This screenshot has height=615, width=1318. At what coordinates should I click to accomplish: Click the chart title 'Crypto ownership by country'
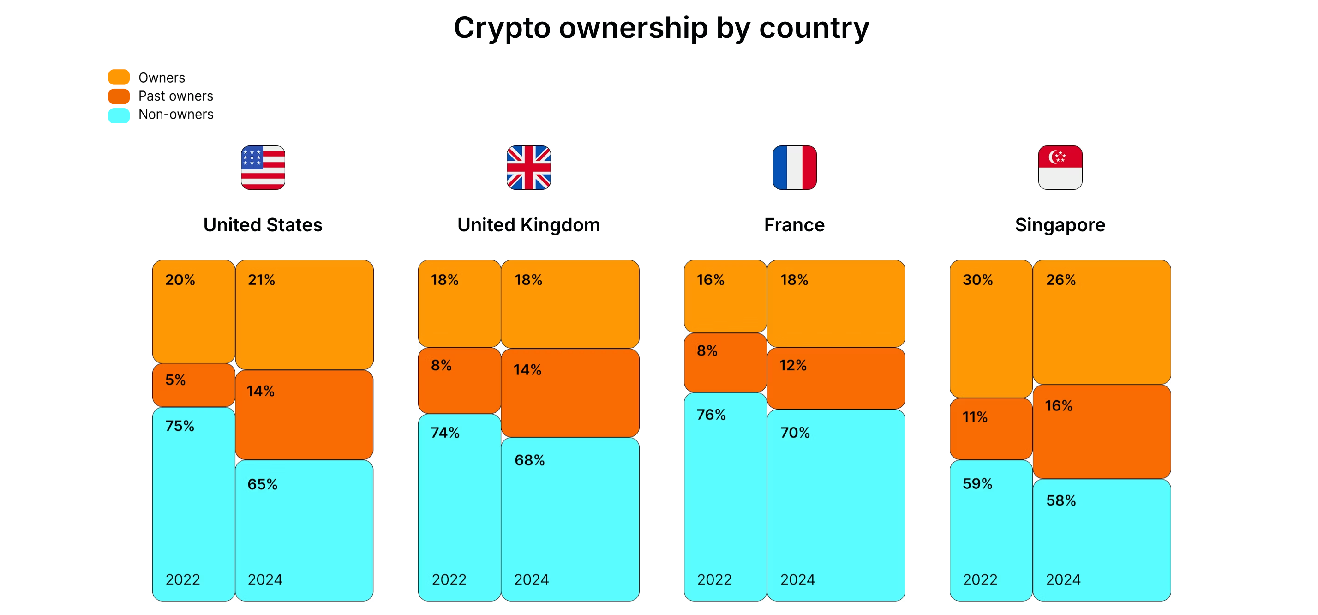point(661,28)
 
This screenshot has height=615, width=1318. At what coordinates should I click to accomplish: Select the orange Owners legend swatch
point(119,77)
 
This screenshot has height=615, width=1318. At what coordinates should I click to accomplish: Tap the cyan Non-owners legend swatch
point(119,115)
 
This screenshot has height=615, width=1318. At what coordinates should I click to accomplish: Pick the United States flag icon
point(263,168)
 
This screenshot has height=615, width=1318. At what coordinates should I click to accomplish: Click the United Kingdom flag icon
point(528,168)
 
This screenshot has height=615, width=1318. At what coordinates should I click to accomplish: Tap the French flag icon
point(794,168)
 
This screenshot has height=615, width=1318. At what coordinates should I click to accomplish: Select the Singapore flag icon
point(1060,168)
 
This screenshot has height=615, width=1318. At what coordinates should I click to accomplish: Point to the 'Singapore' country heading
point(1060,225)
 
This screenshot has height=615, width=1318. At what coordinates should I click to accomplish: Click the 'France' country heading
point(794,225)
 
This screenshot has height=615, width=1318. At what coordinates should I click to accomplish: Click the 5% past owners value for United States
point(175,380)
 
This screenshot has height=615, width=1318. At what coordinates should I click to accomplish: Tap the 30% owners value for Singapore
point(977,280)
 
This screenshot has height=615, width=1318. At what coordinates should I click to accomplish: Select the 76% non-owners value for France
point(711,415)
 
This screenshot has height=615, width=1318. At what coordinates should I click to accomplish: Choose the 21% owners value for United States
point(262,280)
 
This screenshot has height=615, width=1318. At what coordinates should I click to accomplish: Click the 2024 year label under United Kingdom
point(531,579)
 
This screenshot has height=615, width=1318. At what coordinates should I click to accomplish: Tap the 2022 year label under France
point(714,579)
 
